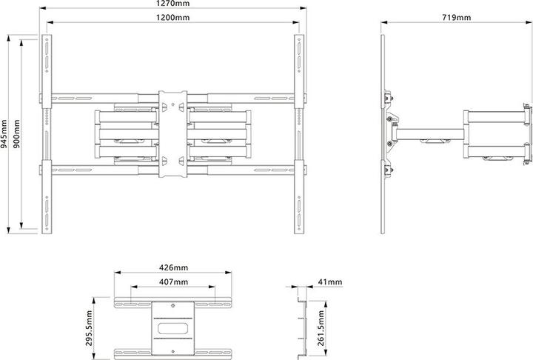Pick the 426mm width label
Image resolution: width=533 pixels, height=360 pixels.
(174, 267)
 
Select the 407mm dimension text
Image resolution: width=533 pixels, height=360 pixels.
(174, 281)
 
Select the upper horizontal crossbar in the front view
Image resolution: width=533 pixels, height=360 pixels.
(104, 96)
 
